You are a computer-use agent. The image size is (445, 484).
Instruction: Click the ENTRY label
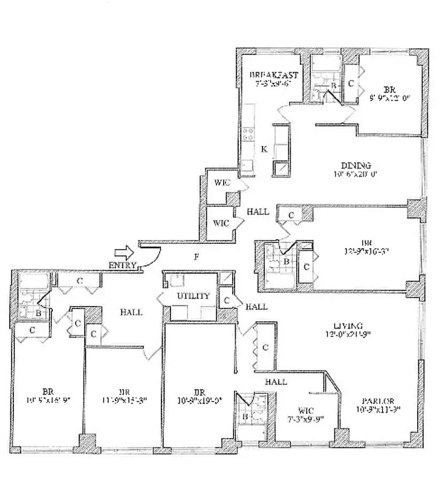click(x=122, y=265)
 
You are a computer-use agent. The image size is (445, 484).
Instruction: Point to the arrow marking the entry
click(x=123, y=251)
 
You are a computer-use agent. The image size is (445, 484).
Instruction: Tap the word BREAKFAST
click(x=274, y=75)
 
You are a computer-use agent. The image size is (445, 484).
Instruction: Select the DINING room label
click(x=356, y=165)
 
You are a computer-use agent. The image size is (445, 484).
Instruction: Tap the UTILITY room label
click(x=193, y=296)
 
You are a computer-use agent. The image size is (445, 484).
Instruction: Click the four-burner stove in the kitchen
click(x=248, y=135)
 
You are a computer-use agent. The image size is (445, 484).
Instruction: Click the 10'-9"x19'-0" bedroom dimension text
click(x=199, y=399)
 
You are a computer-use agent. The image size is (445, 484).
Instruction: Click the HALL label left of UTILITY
click(x=131, y=312)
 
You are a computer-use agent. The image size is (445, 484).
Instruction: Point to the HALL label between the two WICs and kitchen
click(x=258, y=212)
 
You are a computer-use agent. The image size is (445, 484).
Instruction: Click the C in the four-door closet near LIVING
click(x=265, y=347)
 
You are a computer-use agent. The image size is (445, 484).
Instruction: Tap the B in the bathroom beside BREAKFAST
click(x=332, y=87)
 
